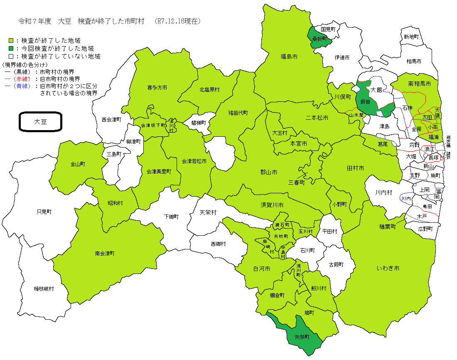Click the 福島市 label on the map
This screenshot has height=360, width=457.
coord(289,56)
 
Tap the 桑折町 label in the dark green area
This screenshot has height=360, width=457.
coord(320,39)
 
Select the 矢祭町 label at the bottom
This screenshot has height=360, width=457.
coord(302,337)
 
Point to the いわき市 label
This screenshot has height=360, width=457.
coord(388,269)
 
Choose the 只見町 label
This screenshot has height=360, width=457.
coord(44,212)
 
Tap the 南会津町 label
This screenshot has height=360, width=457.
coord(105,253)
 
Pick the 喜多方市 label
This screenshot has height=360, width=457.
coord(157,88)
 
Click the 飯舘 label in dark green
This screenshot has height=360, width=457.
coord(365,101)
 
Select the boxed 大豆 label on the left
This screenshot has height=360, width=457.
coord(40,122)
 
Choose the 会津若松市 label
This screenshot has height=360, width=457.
coord(194,161)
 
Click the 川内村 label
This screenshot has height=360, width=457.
coord(383,192)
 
